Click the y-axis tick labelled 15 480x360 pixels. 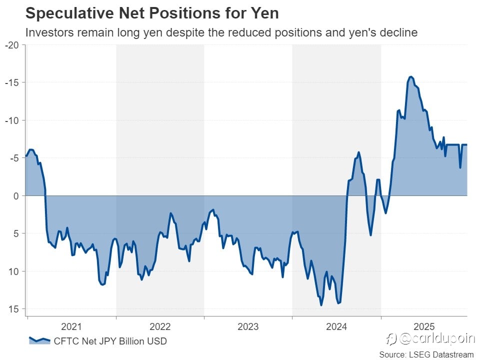(x=13, y=309)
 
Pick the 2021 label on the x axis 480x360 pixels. (x=71, y=327)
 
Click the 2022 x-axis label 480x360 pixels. (x=160, y=327)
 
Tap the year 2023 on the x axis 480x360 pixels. (x=248, y=327)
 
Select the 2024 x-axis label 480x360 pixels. (x=336, y=327)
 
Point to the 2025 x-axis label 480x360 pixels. (x=424, y=327)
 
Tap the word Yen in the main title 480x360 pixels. (x=263, y=13)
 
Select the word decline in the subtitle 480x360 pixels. (x=399, y=33)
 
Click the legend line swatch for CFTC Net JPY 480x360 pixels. (x=39, y=341)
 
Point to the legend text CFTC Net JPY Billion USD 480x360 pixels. (x=110, y=341)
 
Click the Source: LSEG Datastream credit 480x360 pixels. (x=426, y=354)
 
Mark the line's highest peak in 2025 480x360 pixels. (x=410, y=76)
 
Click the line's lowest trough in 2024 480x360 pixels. (x=321, y=305)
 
